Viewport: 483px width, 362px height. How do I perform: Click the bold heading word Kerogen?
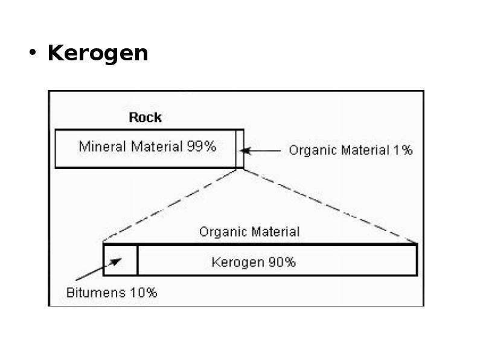pos(98,54)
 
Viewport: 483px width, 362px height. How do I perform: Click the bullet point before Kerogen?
pos(33,52)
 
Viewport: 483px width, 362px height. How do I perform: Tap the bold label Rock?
pos(145,117)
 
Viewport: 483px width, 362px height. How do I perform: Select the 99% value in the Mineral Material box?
pos(202,146)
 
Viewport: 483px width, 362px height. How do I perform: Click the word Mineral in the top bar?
pos(102,146)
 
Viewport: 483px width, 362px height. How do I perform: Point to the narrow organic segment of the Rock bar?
pos(240,148)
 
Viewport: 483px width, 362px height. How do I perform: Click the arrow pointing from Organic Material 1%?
pos(260,151)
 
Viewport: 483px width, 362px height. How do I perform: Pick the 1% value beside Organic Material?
pos(403,150)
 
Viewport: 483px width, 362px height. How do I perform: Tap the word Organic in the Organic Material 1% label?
pos(313,150)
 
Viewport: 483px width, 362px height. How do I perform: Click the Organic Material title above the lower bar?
pos(249,232)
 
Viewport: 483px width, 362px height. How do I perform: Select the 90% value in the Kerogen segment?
pos(282,262)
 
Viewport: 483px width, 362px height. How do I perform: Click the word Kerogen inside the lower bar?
pos(238,262)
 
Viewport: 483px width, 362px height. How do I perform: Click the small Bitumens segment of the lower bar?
pos(120,259)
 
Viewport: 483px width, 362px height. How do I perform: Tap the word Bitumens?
pos(96,293)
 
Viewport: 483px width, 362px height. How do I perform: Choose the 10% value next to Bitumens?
pos(144,293)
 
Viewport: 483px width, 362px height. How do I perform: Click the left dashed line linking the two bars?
pos(170,205)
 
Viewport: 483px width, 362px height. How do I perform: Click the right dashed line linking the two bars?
pos(330,206)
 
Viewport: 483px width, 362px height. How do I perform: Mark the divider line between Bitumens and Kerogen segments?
pos(138,259)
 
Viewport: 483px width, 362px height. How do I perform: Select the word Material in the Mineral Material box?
pos(157,146)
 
